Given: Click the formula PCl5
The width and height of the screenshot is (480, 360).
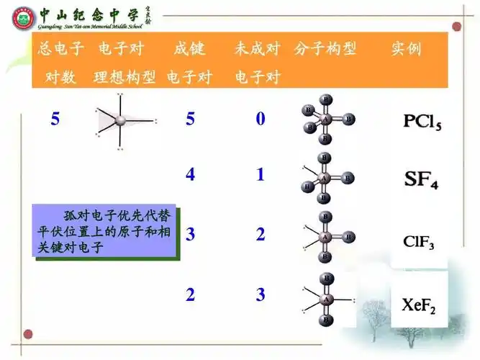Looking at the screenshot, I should click(x=422, y=120).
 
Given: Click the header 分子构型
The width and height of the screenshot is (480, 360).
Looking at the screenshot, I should click(x=325, y=50).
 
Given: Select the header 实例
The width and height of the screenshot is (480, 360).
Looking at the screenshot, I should click(x=406, y=50).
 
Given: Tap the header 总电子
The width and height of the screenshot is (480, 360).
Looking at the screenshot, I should click(x=61, y=50).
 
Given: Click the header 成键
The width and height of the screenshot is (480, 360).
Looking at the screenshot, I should click(x=189, y=50).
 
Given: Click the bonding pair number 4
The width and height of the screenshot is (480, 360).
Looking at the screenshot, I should click(x=190, y=175).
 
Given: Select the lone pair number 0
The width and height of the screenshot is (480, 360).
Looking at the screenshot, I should click(x=261, y=119).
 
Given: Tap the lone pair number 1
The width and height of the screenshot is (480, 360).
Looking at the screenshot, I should click(x=261, y=175).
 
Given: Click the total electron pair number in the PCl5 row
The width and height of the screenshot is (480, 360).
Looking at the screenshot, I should click(x=55, y=119).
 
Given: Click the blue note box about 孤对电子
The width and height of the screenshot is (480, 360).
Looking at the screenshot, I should click(x=105, y=232).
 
